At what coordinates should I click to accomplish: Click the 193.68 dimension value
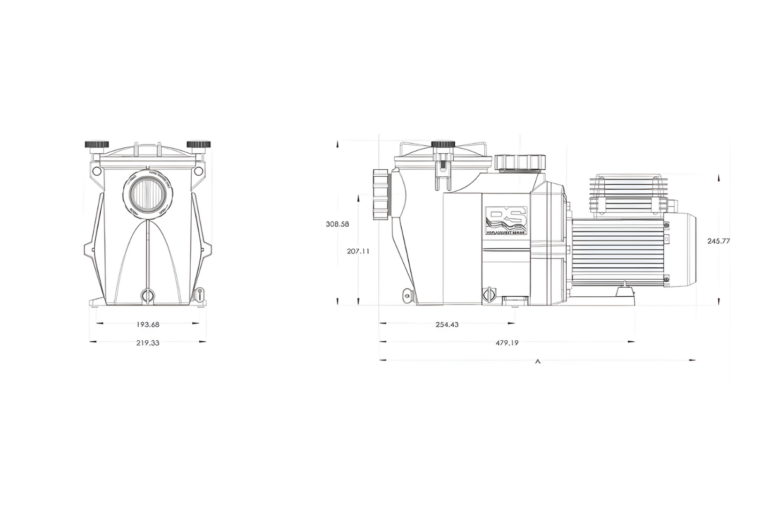pos(148,324)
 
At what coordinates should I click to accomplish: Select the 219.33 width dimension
pos(148,343)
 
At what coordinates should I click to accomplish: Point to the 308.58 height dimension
pos(337,224)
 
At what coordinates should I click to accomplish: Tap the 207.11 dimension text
pos(358,251)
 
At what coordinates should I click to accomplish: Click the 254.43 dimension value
pos(447,325)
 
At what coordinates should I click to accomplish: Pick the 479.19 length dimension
pos(507,343)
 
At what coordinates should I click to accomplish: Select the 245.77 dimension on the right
pos(719,241)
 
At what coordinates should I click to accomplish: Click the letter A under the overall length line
pos(538,362)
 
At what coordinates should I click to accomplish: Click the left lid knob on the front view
pos(96,145)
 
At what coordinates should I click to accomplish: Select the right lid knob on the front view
pos(198,145)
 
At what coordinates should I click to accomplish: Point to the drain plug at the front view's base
pos(147,295)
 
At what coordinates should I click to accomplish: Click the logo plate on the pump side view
pos(506,221)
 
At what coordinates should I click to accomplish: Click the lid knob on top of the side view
pos(443,145)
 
